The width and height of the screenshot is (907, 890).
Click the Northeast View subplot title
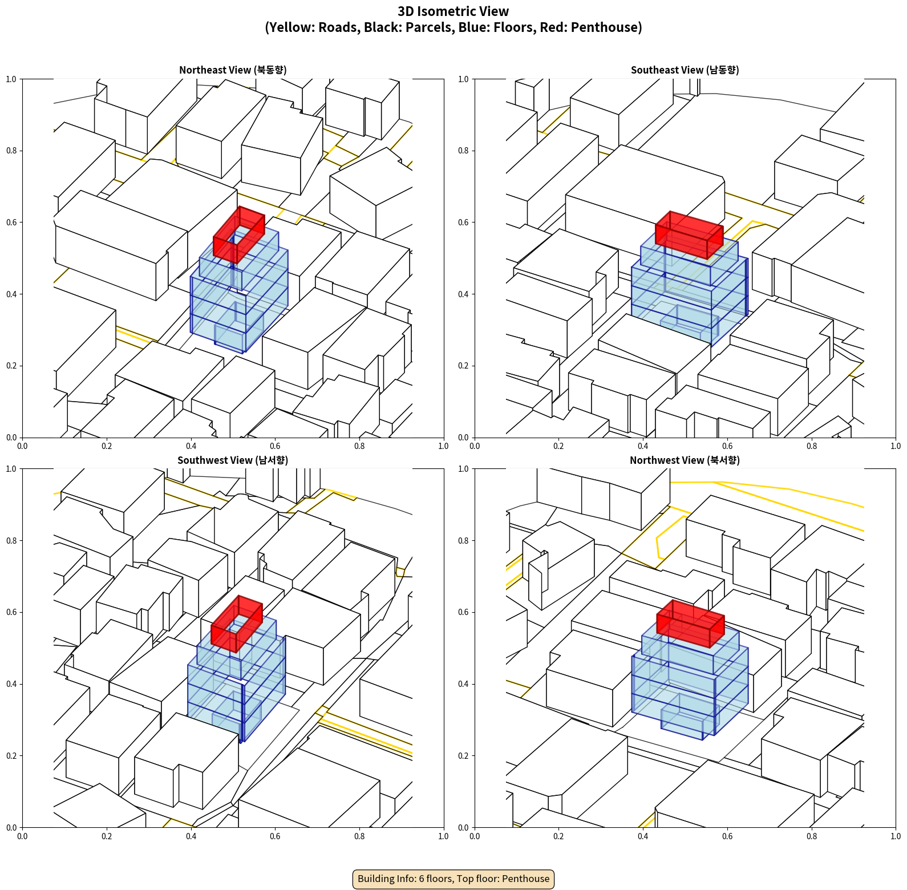[x=233, y=70]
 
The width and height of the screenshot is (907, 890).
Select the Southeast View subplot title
[x=685, y=70]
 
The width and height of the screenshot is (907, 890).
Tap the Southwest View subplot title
[x=233, y=460]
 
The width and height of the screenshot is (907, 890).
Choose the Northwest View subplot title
[x=685, y=460]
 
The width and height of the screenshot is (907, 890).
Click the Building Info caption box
[x=453, y=879]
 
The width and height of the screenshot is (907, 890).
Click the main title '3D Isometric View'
[x=453, y=11]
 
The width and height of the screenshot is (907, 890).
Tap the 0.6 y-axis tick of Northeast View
[x=11, y=222]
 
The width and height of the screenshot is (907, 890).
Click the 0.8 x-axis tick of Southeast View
[x=812, y=446]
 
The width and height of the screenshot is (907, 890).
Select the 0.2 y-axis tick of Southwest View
[x=11, y=756]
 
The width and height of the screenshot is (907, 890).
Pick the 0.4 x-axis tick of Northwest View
[x=643, y=836]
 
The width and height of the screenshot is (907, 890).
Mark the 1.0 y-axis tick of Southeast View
[x=464, y=79]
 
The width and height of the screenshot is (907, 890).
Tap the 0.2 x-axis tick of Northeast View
[x=107, y=446]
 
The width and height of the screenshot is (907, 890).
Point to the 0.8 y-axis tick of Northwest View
[x=464, y=541]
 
